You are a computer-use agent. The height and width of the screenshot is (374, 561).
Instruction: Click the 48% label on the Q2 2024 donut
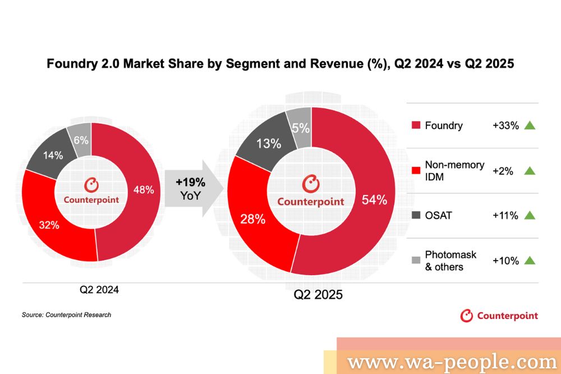coord(144,190)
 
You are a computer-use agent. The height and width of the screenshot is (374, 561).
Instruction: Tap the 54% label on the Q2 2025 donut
coord(374,199)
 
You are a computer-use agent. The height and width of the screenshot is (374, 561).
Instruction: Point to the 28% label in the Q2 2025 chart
coord(252,219)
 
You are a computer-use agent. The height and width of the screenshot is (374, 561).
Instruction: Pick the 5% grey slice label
coord(301,128)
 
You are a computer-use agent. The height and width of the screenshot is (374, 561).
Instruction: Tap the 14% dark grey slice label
coord(53,156)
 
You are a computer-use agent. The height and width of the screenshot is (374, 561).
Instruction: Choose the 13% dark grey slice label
coord(269,144)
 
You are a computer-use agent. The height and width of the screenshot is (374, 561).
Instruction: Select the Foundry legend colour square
coord(416,125)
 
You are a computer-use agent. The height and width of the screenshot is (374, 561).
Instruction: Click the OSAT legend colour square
coord(416,215)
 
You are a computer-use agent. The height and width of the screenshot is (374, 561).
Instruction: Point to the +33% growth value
coord(505,125)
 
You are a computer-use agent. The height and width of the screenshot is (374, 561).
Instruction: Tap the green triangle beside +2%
coord(530,171)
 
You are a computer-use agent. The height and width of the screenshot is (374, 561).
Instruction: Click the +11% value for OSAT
coord(505,215)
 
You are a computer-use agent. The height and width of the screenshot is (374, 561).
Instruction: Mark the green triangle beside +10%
coord(530,261)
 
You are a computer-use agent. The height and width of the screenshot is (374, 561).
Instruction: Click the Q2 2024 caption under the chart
coord(99,291)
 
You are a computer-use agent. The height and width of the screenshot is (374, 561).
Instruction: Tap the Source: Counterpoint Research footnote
coord(66,315)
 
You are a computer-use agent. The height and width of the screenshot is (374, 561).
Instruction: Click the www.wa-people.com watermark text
coord(452,362)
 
